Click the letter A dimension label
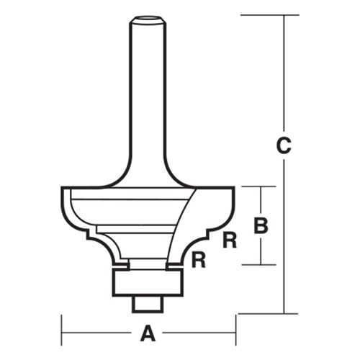point(148,334)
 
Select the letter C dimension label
point(284,145)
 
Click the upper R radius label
point(230,241)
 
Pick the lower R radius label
point(199,261)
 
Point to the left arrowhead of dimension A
point(65,334)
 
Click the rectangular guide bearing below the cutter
point(148,283)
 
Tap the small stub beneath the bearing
point(148,303)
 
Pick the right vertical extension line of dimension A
point(236,328)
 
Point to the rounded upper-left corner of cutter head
point(63,193)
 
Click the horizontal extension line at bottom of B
point(259,265)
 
